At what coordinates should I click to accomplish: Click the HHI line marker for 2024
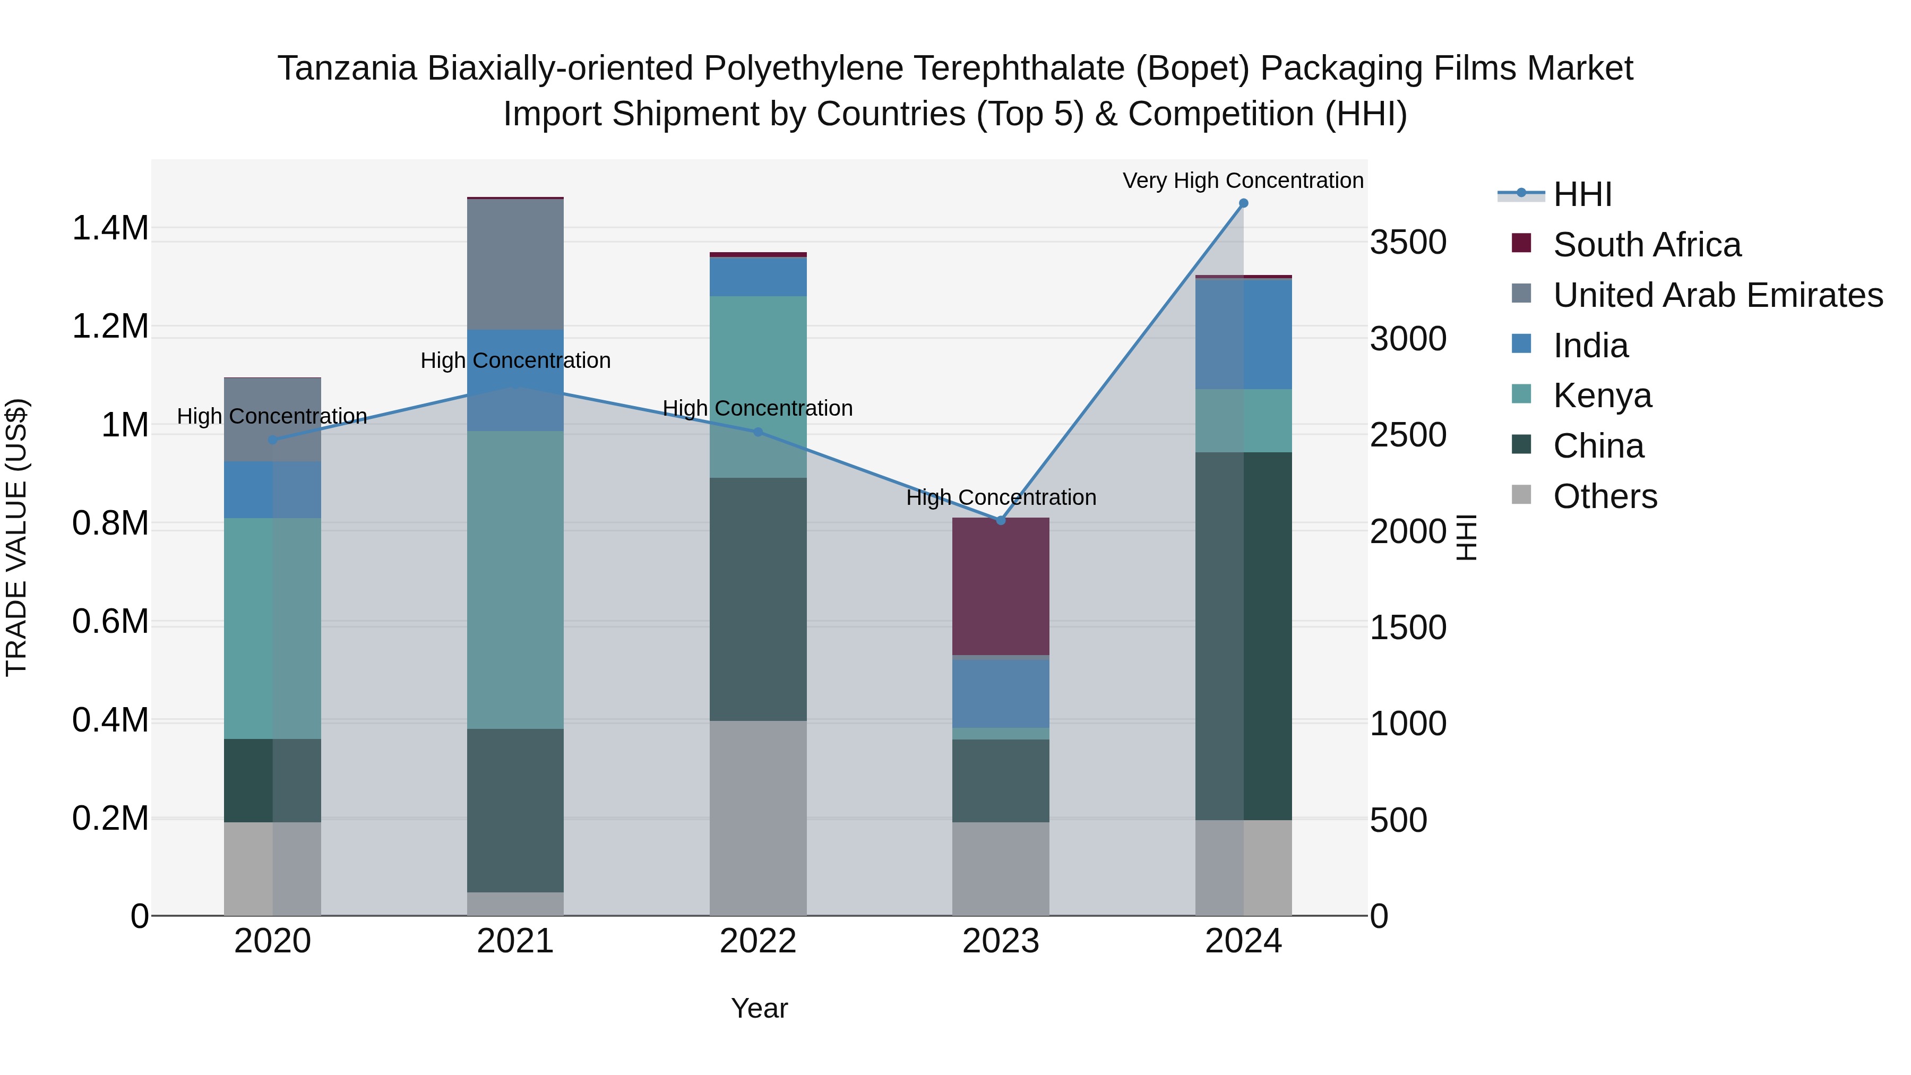(x=1243, y=203)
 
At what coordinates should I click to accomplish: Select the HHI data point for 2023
(x=1001, y=521)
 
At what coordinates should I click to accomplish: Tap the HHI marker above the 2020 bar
(x=272, y=440)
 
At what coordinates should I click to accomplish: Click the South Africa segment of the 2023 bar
(x=1001, y=586)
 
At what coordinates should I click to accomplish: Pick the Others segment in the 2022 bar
(x=757, y=818)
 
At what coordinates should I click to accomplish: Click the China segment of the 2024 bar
(x=1243, y=636)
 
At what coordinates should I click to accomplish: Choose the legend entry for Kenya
(x=1603, y=395)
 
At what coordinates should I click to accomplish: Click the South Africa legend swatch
(x=1521, y=243)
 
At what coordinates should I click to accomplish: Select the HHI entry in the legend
(x=1582, y=194)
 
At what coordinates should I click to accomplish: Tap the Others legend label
(x=1605, y=496)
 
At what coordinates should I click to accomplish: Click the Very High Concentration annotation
(x=1243, y=180)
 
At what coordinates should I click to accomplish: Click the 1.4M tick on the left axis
(x=110, y=228)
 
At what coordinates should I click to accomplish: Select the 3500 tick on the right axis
(x=1407, y=243)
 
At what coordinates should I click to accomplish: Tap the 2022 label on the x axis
(x=757, y=941)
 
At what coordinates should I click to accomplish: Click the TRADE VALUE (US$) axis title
(x=16, y=537)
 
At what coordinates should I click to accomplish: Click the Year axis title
(x=759, y=1008)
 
